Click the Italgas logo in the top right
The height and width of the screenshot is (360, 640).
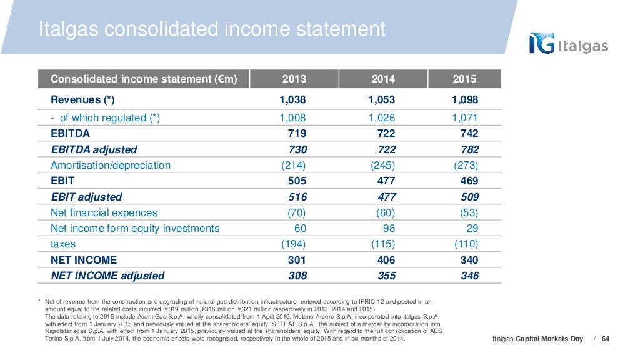568,44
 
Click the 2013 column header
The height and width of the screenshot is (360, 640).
294,79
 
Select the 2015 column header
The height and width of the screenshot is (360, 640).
464,79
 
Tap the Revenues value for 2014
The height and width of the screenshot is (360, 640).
382,100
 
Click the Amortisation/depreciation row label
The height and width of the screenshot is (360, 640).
111,165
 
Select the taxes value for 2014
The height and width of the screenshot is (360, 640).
382,244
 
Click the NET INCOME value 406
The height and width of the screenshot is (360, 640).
384,260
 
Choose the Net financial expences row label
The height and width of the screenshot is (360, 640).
104,212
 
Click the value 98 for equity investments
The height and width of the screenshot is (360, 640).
388,228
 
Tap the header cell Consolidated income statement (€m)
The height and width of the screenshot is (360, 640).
143,79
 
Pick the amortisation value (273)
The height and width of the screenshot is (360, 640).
466,165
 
